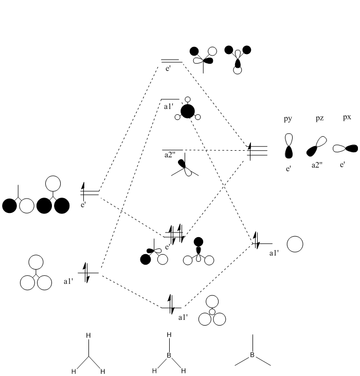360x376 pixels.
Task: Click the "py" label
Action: tap(288, 119)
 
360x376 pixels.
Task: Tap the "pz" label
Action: tap(319, 119)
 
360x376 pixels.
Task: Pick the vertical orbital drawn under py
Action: tap(290, 146)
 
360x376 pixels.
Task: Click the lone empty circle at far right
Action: tap(295, 244)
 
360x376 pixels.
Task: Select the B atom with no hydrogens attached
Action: tap(252, 355)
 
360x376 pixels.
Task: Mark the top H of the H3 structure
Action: tap(88, 336)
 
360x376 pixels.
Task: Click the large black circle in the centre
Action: tap(188, 111)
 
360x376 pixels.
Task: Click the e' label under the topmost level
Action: tap(168, 67)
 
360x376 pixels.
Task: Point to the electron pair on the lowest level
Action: tap(171, 303)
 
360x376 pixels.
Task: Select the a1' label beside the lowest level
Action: tap(183, 317)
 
